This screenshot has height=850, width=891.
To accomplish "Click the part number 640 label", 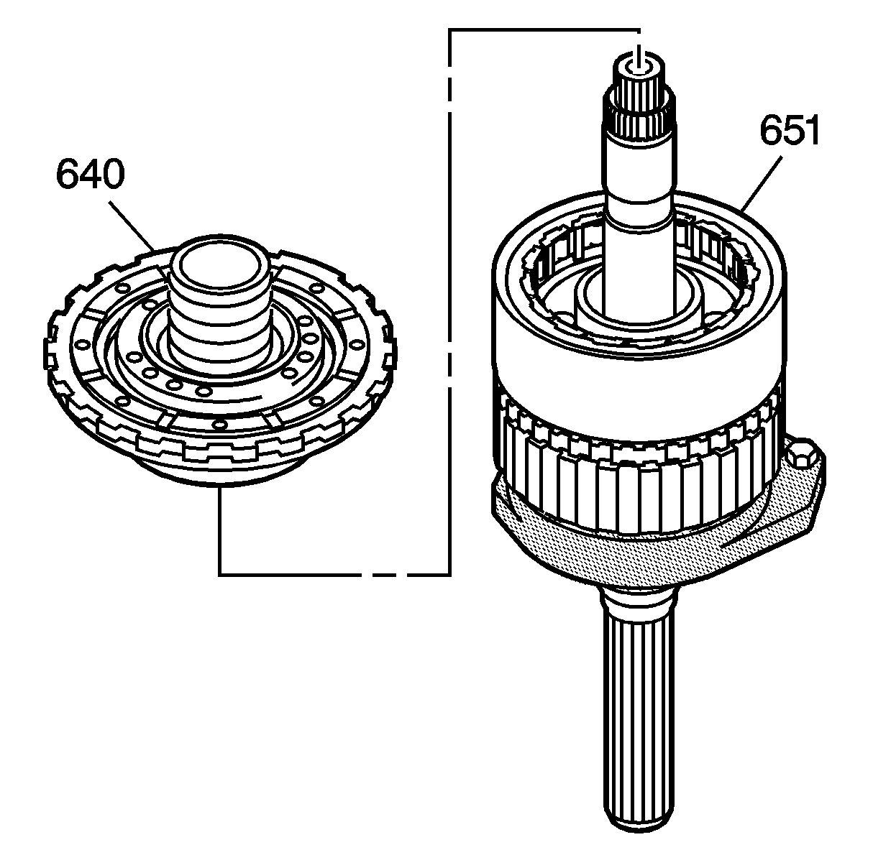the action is tap(91, 175).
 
